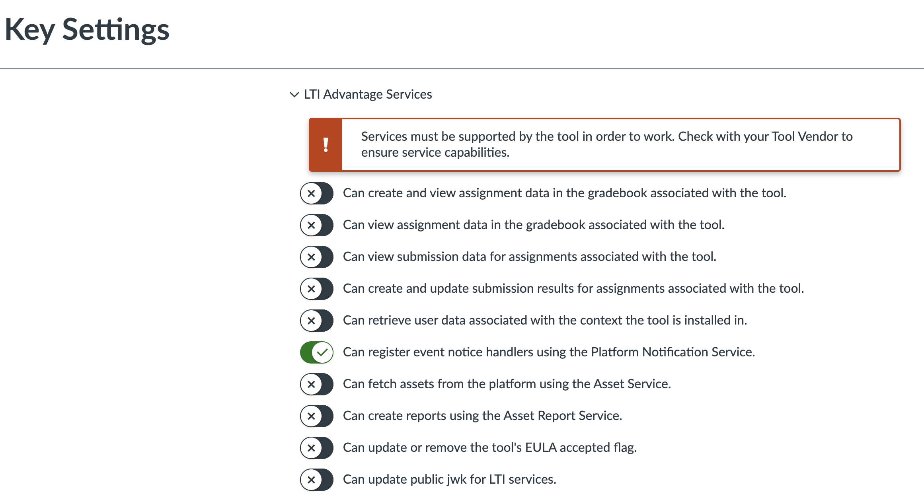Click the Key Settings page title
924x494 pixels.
point(87,30)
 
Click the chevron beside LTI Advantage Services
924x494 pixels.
point(294,95)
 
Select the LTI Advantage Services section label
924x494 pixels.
point(368,94)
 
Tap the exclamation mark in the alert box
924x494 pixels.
point(326,145)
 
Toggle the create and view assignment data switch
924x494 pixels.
point(317,193)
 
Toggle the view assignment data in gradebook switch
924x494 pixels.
point(317,225)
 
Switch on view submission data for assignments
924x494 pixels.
point(317,257)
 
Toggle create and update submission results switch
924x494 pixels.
point(317,289)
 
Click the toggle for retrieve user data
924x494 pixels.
point(317,321)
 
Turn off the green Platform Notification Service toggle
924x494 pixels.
point(317,352)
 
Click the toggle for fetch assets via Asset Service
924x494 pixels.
point(317,384)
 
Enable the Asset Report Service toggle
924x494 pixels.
point(317,416)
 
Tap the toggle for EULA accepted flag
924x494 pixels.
point(317,448)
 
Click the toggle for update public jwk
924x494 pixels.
point(317,480)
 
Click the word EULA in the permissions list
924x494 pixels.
point(541,447)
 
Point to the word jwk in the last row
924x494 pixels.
point(456,480)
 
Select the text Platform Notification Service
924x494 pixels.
point(672,352)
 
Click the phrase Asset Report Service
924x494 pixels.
point(562,416)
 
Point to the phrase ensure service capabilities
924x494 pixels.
point(435,153)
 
